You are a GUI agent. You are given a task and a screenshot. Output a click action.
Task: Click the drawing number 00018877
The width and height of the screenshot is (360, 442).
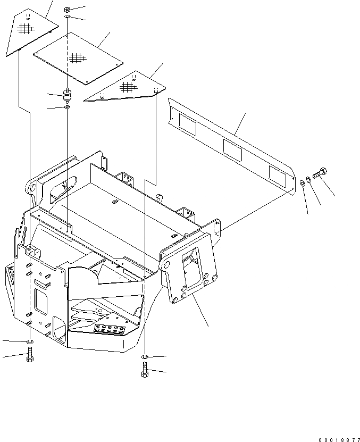pos(339,439)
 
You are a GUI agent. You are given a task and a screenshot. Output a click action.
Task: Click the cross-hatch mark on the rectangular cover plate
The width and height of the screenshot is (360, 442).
pos(78,56)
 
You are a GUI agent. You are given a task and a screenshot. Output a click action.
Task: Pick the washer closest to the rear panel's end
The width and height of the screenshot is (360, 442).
pos(302,184)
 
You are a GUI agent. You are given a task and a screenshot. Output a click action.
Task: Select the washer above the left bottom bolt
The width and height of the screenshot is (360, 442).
pos(30,341)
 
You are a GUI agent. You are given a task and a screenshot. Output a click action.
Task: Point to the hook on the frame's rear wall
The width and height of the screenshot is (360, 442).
pos(159,197)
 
